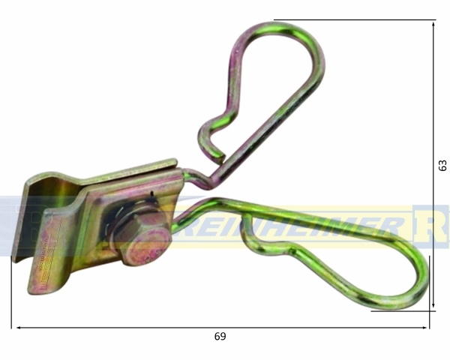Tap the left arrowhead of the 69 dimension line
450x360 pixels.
tap(16, 328)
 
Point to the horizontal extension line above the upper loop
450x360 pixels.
tap(352, 20)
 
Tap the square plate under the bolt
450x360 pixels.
tap(97, 225)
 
